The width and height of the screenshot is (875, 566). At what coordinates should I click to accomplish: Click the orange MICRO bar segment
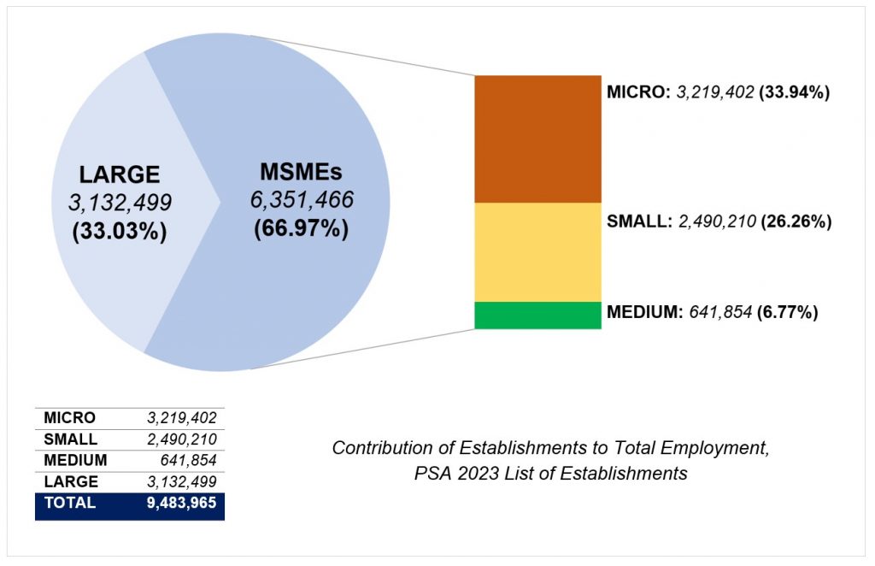pyautogui.click(x=537, y=139)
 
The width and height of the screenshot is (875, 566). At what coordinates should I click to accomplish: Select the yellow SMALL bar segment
pyautogui.click(x=537, y=251)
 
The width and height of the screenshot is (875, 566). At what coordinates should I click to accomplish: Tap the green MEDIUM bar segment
pyautogui.click(x=537, y=315)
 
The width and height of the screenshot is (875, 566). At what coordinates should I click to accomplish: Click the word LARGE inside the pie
pyautogui.click(x=120, y=174)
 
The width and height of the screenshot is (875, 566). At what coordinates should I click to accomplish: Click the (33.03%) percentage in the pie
pyautogui.click(x=120, y=231)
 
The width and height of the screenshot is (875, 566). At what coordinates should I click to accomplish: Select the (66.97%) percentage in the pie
pyautogui.click(x=301, y=229)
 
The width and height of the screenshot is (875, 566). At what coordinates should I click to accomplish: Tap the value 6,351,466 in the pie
pyautogui.click(x=301, y=199)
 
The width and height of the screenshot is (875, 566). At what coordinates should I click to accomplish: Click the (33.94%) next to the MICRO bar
pyautogui.click(x=795, y=92)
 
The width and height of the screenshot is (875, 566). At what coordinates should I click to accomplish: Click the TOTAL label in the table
pyautogui.click(x=70, y=503)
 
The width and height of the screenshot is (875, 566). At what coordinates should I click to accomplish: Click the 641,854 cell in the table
pyautogui.click(x=190, y=460)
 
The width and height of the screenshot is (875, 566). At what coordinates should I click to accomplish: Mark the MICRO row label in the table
pyautogui.click(x=69, y=418)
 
